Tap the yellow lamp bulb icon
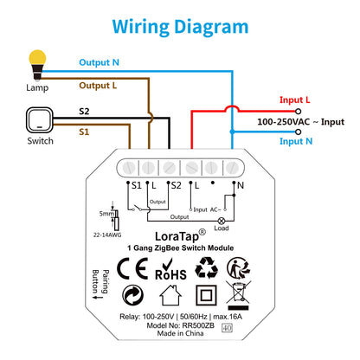(36, 61)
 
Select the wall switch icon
(37, 120)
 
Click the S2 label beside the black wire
(85, 112)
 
